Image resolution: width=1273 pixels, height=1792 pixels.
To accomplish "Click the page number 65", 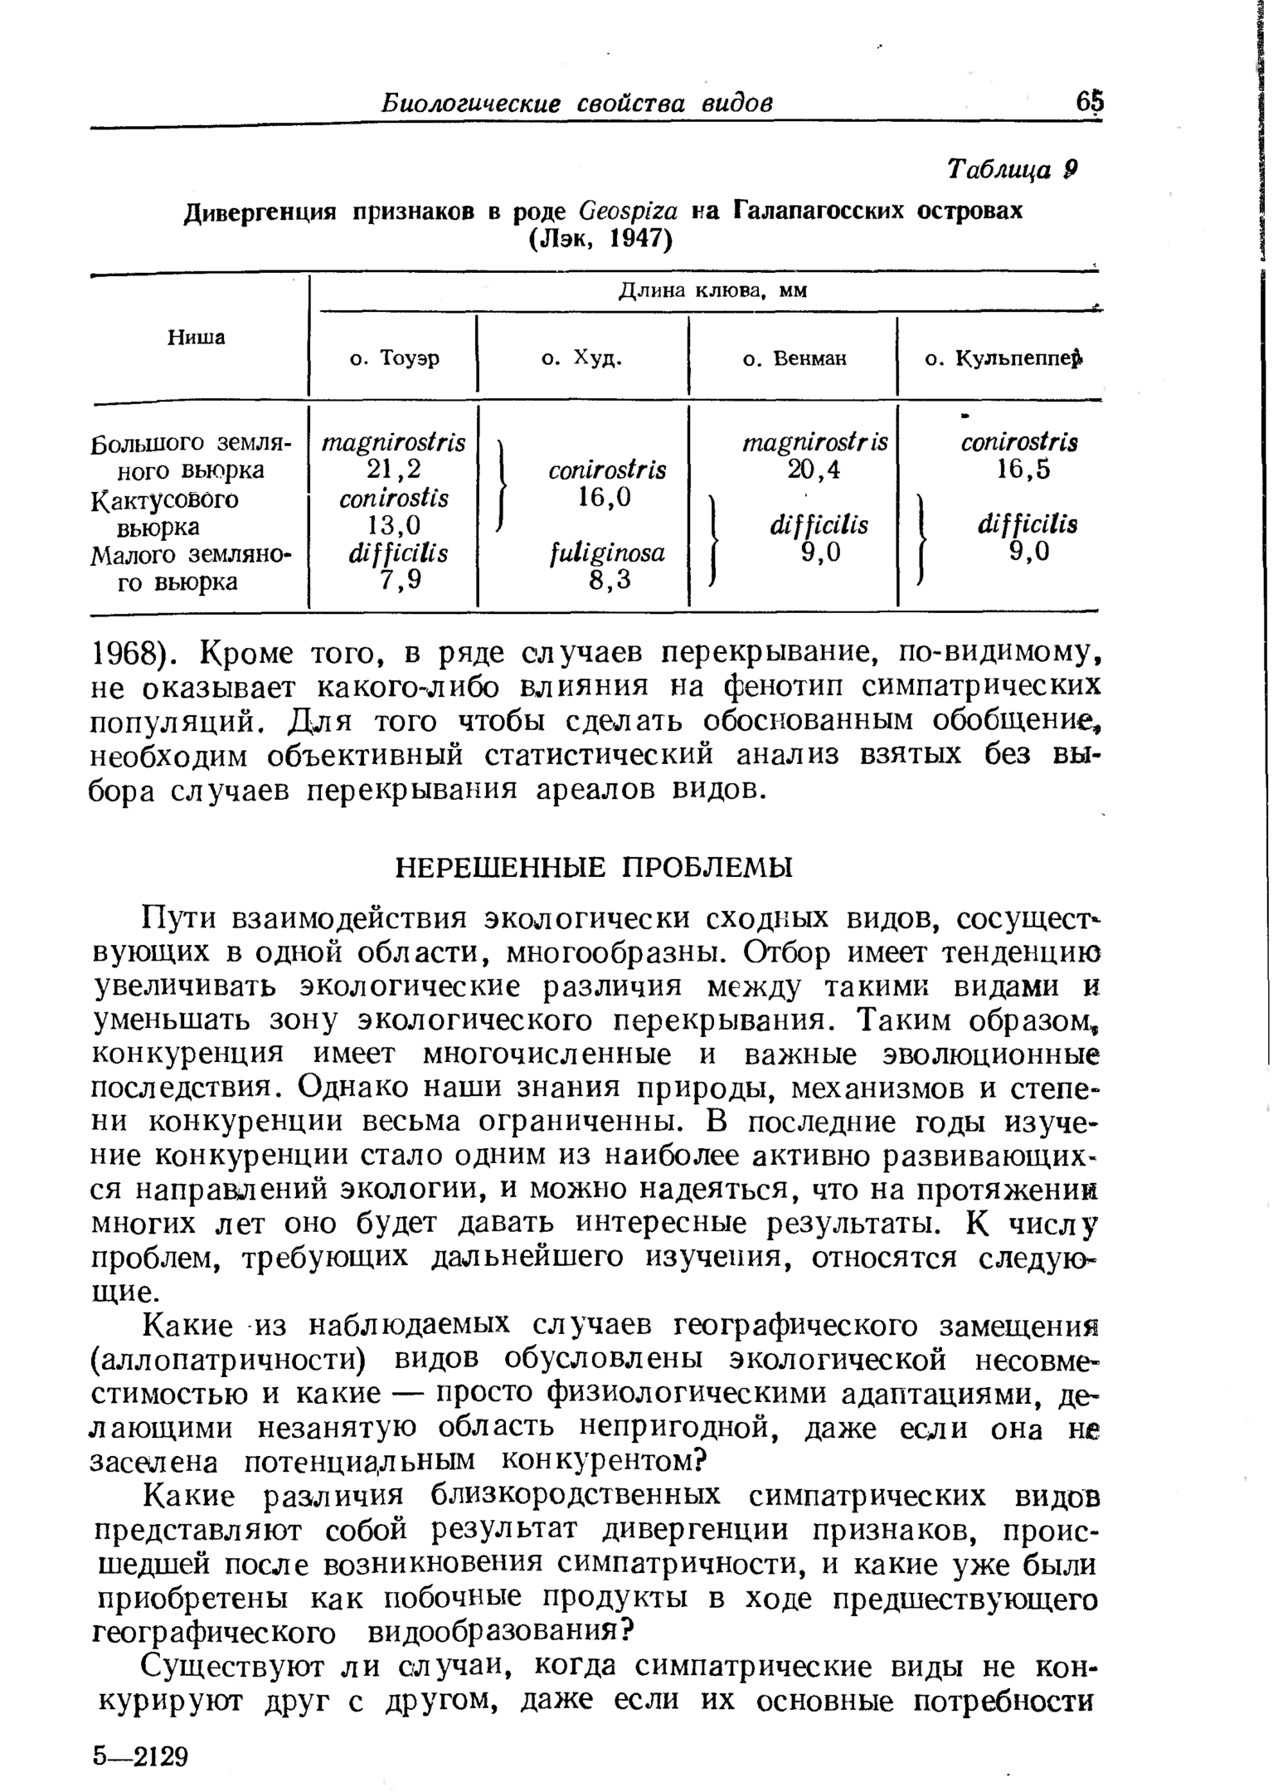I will tap(1090, 102).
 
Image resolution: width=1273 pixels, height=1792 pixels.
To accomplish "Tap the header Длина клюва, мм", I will tap(712, 290).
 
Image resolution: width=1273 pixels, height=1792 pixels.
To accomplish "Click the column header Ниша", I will tap(197, 337).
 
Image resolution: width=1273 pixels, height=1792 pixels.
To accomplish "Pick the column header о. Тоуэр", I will tap(395, 358).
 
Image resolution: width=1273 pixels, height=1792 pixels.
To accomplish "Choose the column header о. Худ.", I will tap(581, 358).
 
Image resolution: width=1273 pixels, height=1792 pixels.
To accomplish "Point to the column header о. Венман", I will tap(794, 359).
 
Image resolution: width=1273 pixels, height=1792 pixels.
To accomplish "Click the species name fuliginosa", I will tap(607, 553).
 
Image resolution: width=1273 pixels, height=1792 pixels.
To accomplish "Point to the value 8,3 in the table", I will tap(607, 580).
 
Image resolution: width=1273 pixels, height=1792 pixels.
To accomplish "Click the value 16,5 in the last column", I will tap(1023, 470).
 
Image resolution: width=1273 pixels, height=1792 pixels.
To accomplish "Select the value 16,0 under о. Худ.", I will tap(607, 497).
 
